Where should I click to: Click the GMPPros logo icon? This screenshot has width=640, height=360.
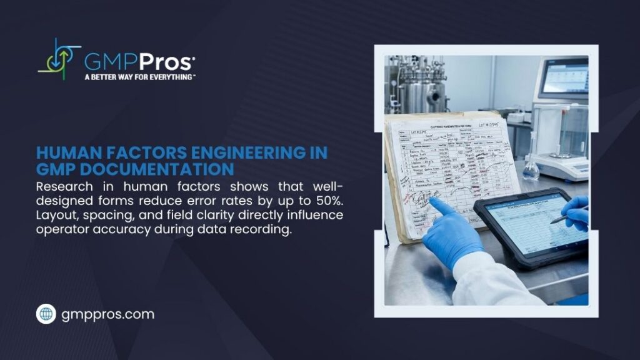pyautogui.click(x=59, y=59)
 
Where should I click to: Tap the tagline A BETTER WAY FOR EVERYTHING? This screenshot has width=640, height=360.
pyautogui.click(x=140, y=77)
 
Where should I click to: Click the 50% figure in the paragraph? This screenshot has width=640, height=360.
pyautogui.click(x=327, y=201)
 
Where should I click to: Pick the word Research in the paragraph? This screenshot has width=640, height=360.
pyautogui.click(x=63, y=186)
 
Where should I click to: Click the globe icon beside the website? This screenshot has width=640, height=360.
pyautogui.click(x=46, y=314)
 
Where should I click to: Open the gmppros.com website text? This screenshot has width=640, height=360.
pyautogui.click(x=107, y=314)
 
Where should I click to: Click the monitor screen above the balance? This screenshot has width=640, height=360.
pyautogui.click(x=564, y=77)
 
